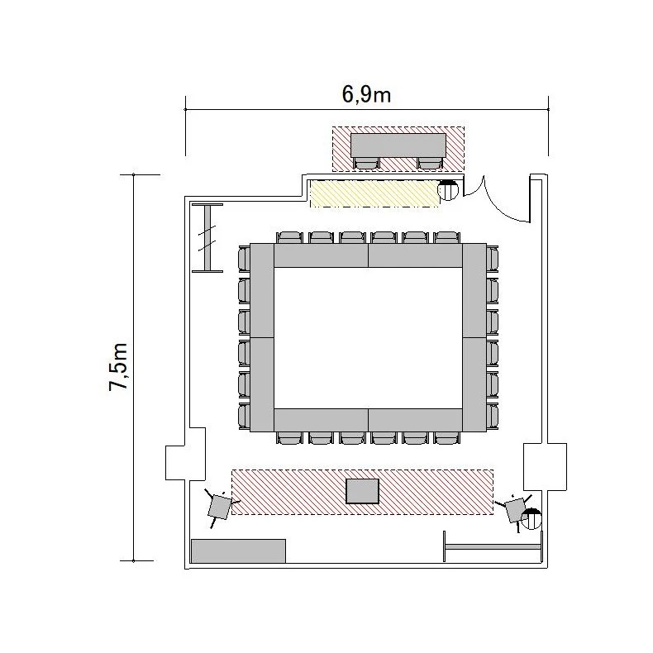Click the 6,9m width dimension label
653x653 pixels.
366,94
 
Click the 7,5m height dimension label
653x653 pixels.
118,367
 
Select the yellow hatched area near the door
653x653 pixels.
374,193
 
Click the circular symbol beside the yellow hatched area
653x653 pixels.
448,190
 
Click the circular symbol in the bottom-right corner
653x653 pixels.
531,519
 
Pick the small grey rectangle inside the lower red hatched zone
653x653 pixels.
363,491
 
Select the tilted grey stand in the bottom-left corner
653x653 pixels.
219,507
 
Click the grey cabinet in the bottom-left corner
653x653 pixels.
238,551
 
